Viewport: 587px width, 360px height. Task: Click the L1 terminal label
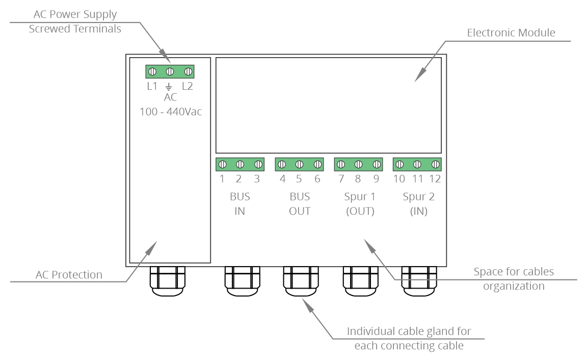pyautogui.click(x=152, y=86)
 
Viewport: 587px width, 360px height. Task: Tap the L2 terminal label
pyautogui.click(x=187, y=86)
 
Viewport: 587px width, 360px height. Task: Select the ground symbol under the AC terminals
pyautogui.click(x=169, y=87)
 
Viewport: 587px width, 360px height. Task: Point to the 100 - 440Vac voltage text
pyautogui.click(x=171, y=112)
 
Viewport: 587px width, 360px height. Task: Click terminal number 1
pyautogui.click(x=222, y=179)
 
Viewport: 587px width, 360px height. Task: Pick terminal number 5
pyautogui.click(x=299, y=179)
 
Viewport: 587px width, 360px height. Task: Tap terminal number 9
pyautogui.click(x=376, y=179)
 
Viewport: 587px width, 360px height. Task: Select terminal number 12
pyautogui.click(x=435, y=179)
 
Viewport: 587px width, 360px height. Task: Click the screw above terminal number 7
pyautogui.click(x=341, y=165)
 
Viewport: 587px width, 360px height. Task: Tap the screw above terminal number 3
pyautogui.click(x=258, y=165)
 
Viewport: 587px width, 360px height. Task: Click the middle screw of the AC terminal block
pyautogui.click(x=170, y=71)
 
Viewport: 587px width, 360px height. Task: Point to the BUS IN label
pyautogui.click(x=240, y=204)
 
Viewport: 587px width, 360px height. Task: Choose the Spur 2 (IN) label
pyautogui.click(x=418, y=204)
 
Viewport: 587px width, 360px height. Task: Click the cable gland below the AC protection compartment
pyautogui.click(x=167, y=281)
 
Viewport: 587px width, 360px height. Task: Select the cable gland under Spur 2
pyautogui.click(x=419, y=281)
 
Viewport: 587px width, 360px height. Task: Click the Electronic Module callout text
pyautogui.click(x=511, y=33)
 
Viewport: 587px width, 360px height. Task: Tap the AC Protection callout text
pyautogui.click(x=69, y=275)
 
